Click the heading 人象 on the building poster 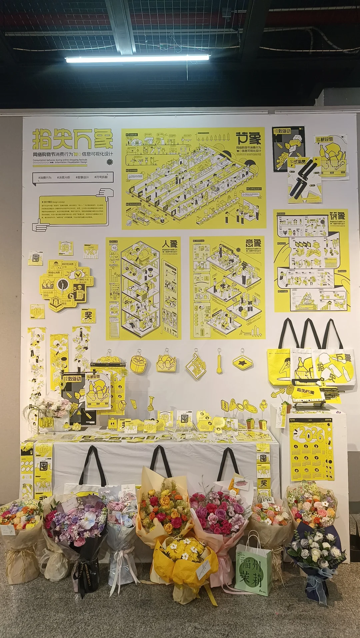[170, 244]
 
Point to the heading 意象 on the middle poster [253, 243]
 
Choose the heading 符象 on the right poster [337, 216]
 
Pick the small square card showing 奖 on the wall [88, 315]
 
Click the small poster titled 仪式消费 [304, 180]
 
